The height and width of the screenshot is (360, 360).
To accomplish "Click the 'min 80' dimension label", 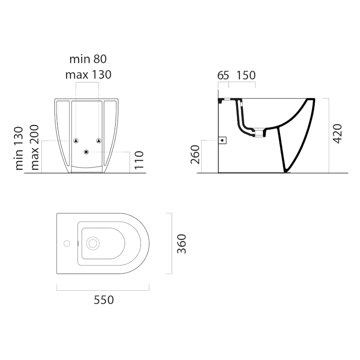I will pyautogui.click(x=88, y=59).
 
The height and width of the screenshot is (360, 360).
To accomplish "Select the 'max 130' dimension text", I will pyautogui.click(x=88, y=75).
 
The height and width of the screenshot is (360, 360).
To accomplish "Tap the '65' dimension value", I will pyautogui.click(x=223, y=75).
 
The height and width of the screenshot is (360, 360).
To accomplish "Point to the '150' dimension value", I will pyautogui.click(x=246, y=75).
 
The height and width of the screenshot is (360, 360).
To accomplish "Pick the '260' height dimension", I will pyautogui.click(x=195, y=155).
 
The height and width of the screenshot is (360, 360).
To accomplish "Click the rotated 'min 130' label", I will pyautogui.click(x=19, y=148).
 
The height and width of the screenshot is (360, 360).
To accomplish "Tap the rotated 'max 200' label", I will pyautogui.click(x=35, y=148).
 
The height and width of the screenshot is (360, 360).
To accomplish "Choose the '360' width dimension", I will pyautogui.click(x=181, y=243).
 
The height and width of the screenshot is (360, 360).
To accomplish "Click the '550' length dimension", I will pyautogui.click(x=103, y=299).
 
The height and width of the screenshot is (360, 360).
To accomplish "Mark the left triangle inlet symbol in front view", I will pyautogui.click(x=76, y=140).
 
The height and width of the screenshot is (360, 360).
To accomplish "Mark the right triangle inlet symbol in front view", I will pyautogui.click(x=98, y=140).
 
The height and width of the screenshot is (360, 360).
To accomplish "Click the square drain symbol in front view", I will pyautogui.click(x=86, y=152).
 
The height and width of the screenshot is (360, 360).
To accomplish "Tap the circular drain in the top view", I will pyautogui.click(x=93, y=243).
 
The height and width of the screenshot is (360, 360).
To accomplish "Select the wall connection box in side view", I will pyautogui.click(x=222, y=140).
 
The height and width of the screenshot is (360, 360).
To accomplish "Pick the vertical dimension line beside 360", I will pyautogui.click(x=172, y=243).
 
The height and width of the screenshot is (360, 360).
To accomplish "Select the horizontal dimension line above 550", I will pyautogui.click(x=103, y=289).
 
